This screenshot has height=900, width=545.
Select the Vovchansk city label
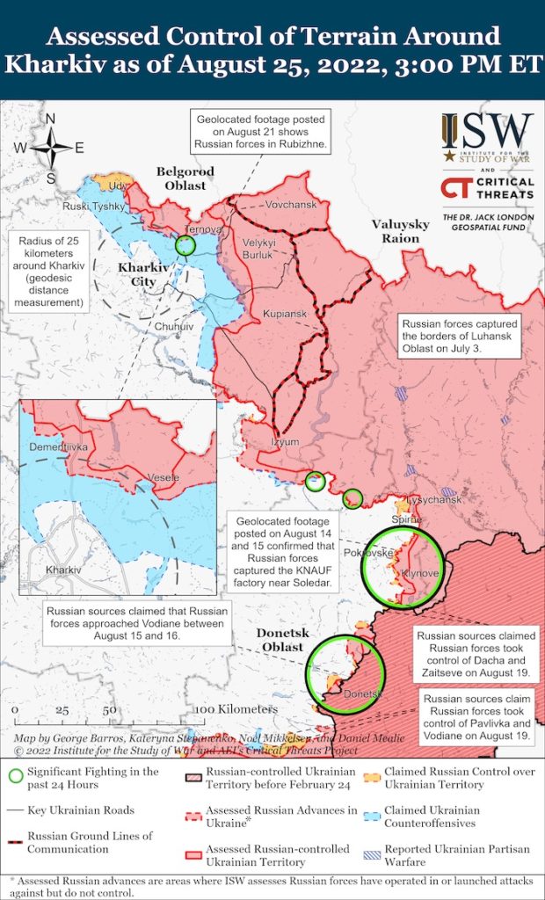(x=290, y=203)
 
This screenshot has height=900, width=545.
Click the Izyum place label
(x=286, y=441)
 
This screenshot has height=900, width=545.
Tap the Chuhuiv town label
(x=173, y=325)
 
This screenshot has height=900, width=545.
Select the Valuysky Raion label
(x=401, y=231)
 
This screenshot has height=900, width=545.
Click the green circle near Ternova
(x=185, y=245)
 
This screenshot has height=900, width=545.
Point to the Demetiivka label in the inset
(x=59, y=447)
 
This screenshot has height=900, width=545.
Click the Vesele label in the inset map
(x=164, y=476)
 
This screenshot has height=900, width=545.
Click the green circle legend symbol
(x=15, y=774)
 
